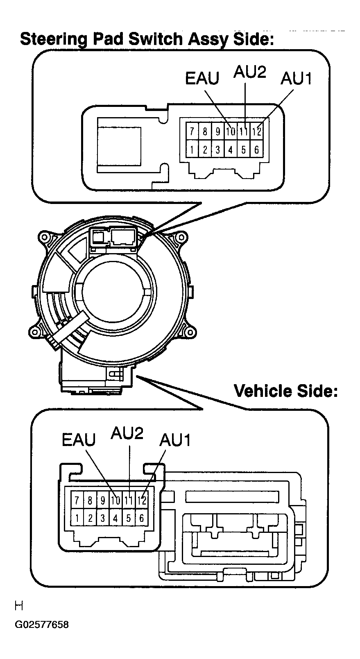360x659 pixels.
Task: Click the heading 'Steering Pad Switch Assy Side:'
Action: tap(147, 40)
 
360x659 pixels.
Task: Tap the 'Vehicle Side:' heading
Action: tap(285, 391)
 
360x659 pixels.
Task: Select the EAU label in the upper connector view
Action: tap(202, 78)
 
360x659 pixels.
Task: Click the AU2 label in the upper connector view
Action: tap(250, 72)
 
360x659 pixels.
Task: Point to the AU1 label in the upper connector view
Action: tap(296, 78)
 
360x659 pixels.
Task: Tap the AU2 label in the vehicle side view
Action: tap(127, 433)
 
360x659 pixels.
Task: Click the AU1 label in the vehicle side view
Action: tap(175, 440)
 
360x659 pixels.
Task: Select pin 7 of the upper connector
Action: tap(192, 131)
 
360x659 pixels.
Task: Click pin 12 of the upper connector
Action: tap(256, 131)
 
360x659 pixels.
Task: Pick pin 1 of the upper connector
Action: tap(192, 150)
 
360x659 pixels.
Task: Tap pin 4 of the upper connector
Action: tap(231, 150)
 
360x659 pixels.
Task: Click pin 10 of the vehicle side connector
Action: tap(115, 500)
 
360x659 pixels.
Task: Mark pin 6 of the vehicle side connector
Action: tap(141, 518)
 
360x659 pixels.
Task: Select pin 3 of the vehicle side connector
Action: tap(103, 518)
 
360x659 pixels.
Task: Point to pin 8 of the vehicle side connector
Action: tap(90, 500)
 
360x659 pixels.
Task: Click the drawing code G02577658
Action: tap(41, 625)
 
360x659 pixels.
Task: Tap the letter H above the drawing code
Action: tap(18, 605)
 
